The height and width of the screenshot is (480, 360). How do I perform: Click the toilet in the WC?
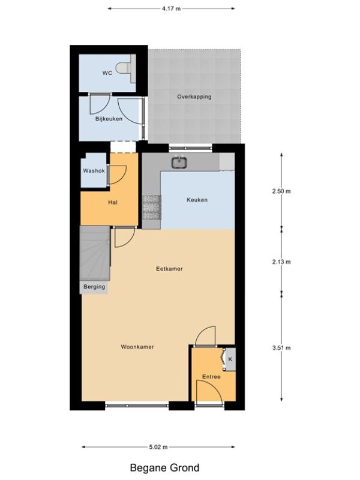(124, 68)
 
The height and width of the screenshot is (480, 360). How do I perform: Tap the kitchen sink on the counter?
(179, 162)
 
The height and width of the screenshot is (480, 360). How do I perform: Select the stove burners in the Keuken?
(152, 208)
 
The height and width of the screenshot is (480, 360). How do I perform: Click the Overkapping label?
(194, 97)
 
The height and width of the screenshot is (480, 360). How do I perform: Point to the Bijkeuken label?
(109, 119)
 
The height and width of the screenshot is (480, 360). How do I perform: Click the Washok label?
(94, 171)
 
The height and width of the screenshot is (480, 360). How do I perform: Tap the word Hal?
(113, 202)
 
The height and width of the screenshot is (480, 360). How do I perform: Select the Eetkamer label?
(169, 269)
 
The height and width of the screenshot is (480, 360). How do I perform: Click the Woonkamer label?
(137, 347)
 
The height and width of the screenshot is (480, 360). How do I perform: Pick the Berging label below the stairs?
(94, 287)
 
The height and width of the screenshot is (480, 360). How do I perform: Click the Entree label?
(211, 377)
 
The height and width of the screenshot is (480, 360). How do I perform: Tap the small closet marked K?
(230, 359)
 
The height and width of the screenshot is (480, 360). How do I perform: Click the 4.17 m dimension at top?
(172, 8)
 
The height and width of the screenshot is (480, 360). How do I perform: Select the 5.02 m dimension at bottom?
(158, 447)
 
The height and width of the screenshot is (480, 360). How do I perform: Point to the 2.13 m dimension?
(281, 262)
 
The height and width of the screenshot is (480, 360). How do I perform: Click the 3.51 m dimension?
(281, 348)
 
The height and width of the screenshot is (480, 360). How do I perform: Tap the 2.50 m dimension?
(281, 191)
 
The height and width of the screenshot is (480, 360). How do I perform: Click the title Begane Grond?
(164, 468)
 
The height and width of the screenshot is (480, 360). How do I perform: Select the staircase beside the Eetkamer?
(95, 253)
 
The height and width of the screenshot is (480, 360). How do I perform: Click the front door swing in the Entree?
(208, 392)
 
